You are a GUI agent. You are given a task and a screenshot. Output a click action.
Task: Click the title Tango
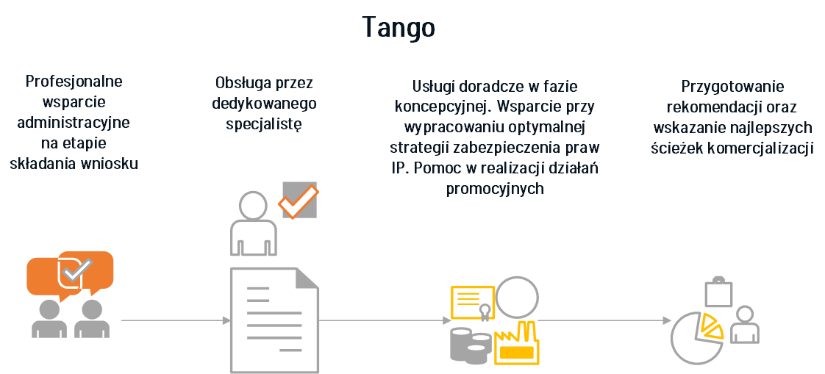[x=399, y=27]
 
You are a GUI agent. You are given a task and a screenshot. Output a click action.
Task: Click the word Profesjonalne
[x=74, y=82]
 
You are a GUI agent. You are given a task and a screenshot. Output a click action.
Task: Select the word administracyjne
[x=74, y=123]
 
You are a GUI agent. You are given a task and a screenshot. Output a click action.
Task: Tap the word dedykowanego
[x=264, y=103]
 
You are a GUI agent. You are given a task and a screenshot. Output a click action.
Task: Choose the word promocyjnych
[x=495, y=190]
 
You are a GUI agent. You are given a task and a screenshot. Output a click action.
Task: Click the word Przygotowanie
[x=732, y=86]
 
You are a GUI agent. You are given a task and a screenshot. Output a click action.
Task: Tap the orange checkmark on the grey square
[x=299, y=201]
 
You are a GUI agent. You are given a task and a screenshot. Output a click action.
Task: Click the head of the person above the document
[x=252, y=204]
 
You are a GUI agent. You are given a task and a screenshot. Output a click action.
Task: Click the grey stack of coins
[x=471, y=345]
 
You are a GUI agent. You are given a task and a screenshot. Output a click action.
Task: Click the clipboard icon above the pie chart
[x=718, y=291]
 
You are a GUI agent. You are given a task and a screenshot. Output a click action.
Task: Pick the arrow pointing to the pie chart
[x=604, y=320]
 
